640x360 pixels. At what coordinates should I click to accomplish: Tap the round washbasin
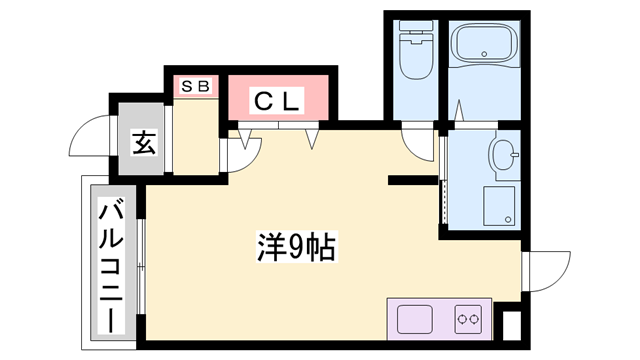click(502, 155)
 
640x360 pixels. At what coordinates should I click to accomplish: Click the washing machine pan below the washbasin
click(500, 205)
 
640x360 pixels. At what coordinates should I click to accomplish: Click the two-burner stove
click(467, 320)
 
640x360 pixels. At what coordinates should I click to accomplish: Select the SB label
click(195, 86)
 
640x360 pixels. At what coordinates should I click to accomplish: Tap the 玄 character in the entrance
click(143, 143)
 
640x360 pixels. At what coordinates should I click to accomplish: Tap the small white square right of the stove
click(511, 325)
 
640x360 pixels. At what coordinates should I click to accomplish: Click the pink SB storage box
click(195, 86)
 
